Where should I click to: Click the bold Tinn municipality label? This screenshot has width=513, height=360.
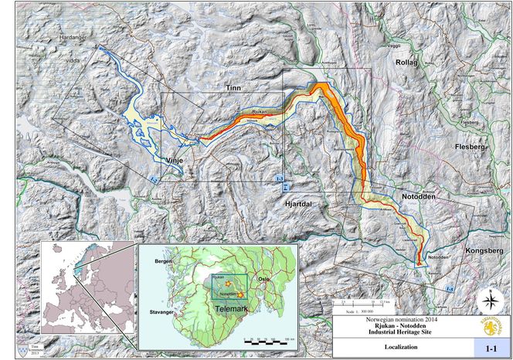tap(233, 89)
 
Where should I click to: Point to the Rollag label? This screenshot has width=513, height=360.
tap(406, 63)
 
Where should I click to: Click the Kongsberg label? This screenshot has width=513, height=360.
tap(484, 252)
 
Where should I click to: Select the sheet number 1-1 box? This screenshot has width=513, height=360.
tap(490, 349)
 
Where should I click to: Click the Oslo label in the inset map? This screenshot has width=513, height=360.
tap(263, 279)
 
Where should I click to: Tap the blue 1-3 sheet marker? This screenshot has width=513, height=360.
tap(280, 178)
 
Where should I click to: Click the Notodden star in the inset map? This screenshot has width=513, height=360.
tap(242, 295)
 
